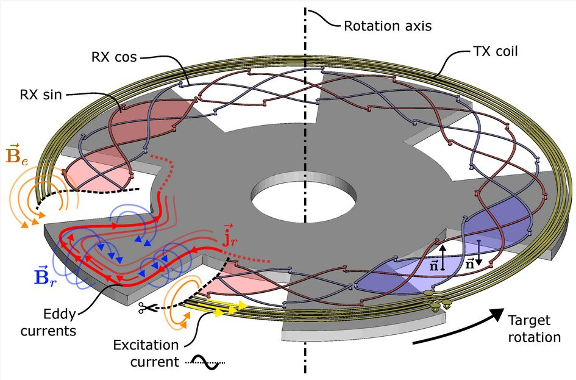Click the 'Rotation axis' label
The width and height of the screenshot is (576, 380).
[388, 26]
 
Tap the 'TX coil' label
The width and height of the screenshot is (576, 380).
[495, 51]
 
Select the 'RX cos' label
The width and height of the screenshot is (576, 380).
[114, 57]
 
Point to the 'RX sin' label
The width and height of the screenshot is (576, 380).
[40, 95]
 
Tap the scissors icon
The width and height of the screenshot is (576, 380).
[146, 308]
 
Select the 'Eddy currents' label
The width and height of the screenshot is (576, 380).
[48, 322]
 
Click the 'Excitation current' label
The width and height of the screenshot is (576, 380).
[146, 354]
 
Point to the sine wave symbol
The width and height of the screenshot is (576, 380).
[205, 362]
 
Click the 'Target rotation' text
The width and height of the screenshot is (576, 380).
[535, 329]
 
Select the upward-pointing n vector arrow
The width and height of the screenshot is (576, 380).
[443, 257]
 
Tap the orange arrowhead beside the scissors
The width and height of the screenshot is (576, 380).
[187, 317]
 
